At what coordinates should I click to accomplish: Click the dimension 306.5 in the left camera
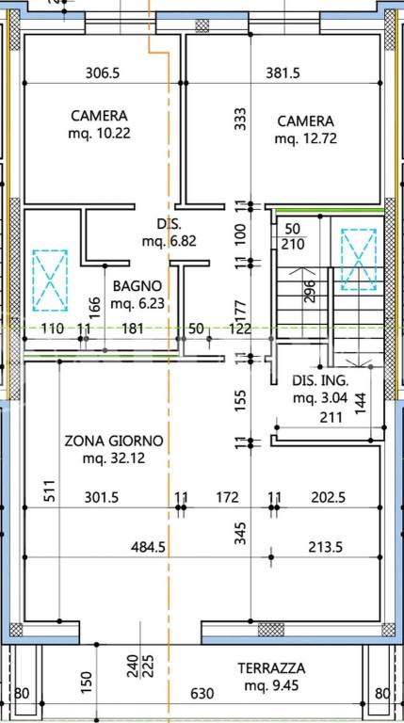(103, 72)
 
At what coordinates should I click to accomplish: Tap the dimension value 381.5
(283, 72)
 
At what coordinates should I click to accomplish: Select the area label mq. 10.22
(99, 134)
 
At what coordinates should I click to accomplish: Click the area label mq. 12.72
(306, 138)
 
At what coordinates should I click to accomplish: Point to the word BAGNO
(137, 286)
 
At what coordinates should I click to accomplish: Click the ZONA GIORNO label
(113, 442)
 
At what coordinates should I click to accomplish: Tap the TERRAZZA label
(271, 667)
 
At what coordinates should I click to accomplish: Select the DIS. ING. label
(320, 381)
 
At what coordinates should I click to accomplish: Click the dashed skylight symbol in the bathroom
(50, 280)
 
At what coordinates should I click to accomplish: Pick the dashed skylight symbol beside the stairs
(359, 260)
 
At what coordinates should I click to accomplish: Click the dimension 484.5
(148, 547)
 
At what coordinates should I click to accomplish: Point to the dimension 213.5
(326, 547)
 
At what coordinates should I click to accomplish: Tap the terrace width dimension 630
(202, 694)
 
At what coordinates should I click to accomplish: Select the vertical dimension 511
(50, 490)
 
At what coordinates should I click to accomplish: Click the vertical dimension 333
(240, 119)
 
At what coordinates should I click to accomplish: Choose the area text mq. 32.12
(113, 458)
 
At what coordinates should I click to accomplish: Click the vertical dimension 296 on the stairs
(310, 292)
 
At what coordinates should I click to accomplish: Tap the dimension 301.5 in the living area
(102, 497)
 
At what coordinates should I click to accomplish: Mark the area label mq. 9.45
(271, 685)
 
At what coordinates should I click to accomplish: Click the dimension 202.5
(329, 497)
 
